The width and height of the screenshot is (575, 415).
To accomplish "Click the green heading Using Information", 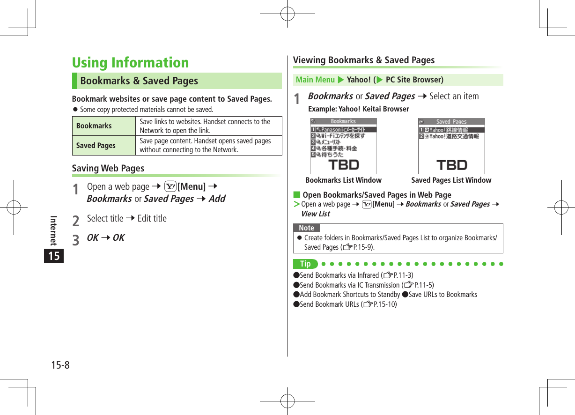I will pyautogui.click(x=130, y=63).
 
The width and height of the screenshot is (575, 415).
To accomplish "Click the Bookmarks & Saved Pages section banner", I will pyautogui.click(x=139, y=81).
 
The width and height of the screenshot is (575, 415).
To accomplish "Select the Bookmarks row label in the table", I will pyautogui.click(x=94, y=126).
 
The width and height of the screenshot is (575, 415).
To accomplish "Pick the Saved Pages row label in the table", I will pyautogui.click(x=96, y=146).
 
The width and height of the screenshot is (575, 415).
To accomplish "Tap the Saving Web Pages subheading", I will pyautogui.click(x=108, y=168).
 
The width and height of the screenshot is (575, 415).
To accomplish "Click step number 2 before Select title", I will pyautogui.click(x=76, y=219).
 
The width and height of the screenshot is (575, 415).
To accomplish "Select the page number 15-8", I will pyautogui.click(x=60, y=365).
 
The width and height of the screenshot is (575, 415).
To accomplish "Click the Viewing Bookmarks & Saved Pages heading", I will pyautogui.click(x=364, y=60).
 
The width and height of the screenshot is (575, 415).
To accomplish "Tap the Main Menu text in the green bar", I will pyautogui.click(x=315, y=80).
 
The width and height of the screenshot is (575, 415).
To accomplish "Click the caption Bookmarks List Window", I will pyautogui.click(x=343, y=180).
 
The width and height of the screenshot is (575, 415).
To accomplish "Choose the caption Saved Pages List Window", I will pyautogui.click(x=451, y=180).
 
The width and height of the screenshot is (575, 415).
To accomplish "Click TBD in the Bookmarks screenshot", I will pyautogui.click(x=344, y=165).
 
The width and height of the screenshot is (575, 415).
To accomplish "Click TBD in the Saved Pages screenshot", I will pyautogui.click(x=451, y=165).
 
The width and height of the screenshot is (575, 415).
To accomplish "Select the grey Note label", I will pyautogui.click(x=306, y=228).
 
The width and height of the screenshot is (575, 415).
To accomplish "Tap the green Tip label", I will pyautogui.click(x=305, y=264).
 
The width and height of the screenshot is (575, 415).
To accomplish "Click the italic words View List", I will pyautogui.click(x=316, y=214).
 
